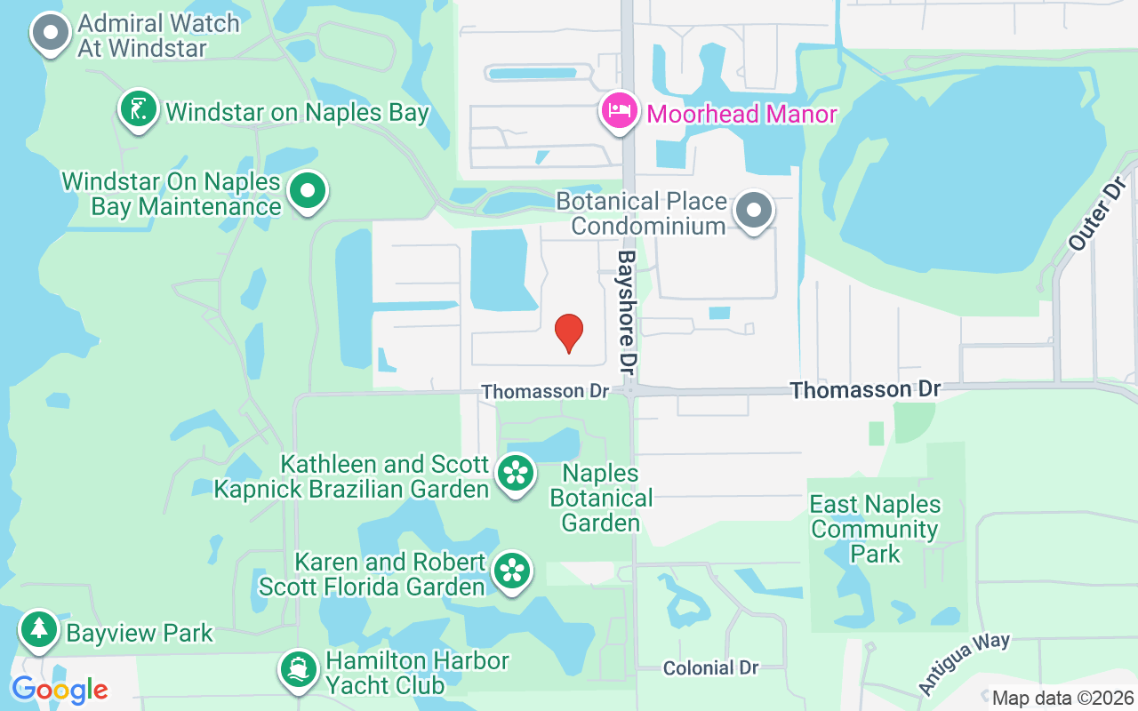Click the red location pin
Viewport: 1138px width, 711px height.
pyautogui.click(x=569, y=333)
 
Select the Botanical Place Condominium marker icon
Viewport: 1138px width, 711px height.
pyautogui.click(x=754, y=212)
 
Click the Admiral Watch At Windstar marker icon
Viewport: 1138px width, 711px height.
pyautogui.click(x=51, y=34)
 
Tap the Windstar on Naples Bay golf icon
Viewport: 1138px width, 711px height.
pyautogui.click(x=138, y=110)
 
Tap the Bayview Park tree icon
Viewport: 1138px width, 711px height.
pyautogui.click(x=38, y=630)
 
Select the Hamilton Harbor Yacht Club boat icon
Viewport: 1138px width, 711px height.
pyautogui.click(x=299, y=671)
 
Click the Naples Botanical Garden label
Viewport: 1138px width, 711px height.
pyautogui.click(x=601, y=498)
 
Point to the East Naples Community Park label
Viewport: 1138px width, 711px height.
pyautogui.click(x=875, y=529)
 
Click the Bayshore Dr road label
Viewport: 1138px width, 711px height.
pyautogui.click(x=628, y=311)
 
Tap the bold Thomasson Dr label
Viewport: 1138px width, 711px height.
pyautogui.click(x=864, y=389)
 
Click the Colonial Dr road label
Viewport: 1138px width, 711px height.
pyautogui.click(x=709, y=668)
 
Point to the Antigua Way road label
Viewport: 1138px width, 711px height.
pyautogui.click(x=964, y=663)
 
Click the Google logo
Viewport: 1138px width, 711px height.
pyautogui.click(x=60, y=689)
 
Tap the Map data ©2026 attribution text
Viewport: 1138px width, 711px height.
pyautogui.click(x=1063, y=699)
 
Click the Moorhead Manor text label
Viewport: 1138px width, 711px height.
pyautogui.click(x=741, y=114)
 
